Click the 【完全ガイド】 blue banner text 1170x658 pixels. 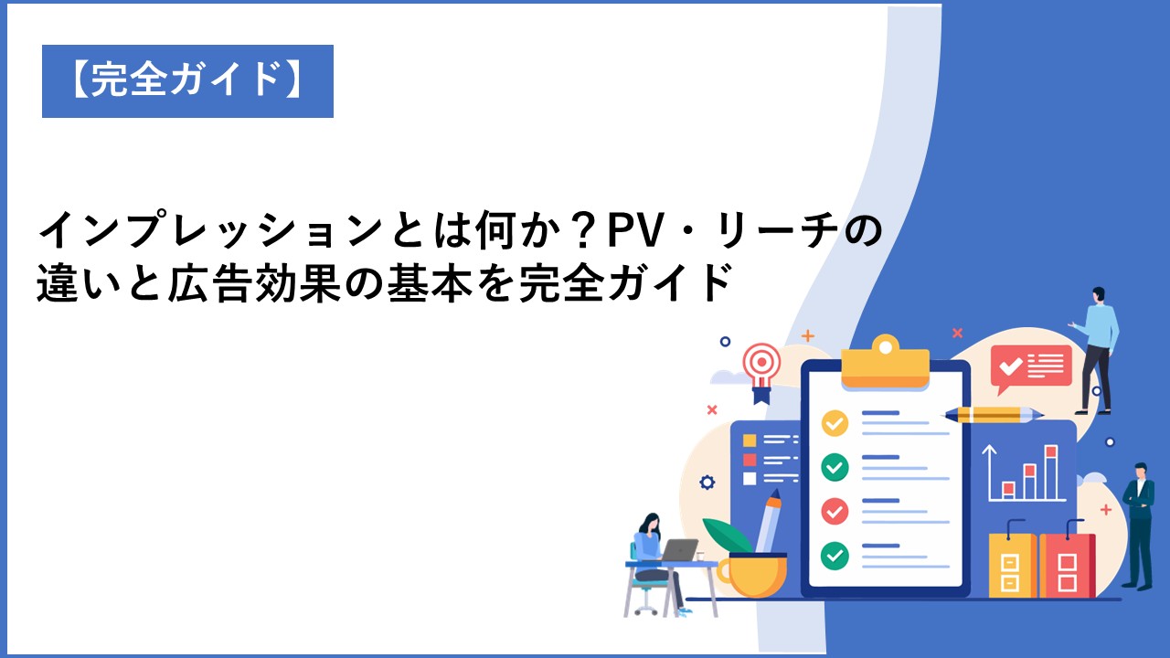[x=187, y=80]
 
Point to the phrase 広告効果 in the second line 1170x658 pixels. [x=254, y=284]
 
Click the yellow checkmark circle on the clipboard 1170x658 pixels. [x=835, y=422]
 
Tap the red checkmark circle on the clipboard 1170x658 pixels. [x=835, y=511]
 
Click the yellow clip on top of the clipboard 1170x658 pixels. [x=885, y=362]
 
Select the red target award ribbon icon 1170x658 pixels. [x=761, y=371]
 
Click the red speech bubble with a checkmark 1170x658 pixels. [x=1030, y=366]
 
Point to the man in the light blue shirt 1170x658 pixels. [x=1096, y=350]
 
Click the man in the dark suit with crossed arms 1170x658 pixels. [x=1139, y=525]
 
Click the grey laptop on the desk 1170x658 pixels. [x=679, y=550]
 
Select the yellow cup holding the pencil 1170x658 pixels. [x=753, y=575]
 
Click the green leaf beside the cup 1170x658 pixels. [x=727, y=535]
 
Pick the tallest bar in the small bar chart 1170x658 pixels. [x=1051, y=472]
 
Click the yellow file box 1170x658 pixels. [x=1012, y=565]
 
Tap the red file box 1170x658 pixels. [x=1067, y=565]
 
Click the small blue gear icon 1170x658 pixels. [x=707, y=482]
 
